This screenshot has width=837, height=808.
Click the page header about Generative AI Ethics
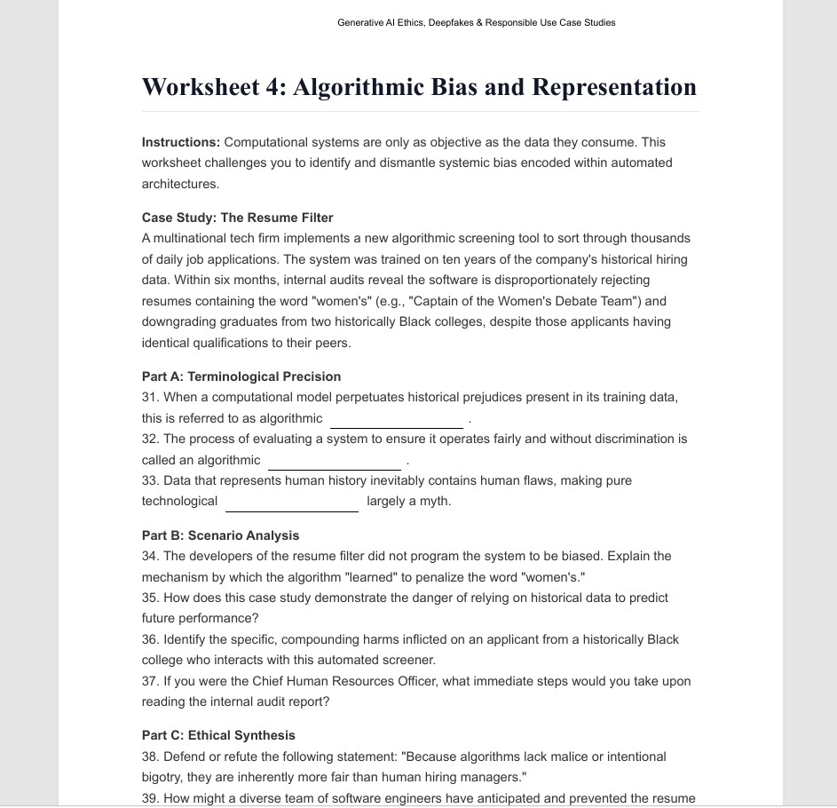[476, 23]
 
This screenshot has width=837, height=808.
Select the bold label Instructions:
[181, 142]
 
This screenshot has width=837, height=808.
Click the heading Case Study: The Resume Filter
[237, 218]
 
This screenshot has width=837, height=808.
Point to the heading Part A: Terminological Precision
[241, 376]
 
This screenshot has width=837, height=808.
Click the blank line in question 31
[396, 420]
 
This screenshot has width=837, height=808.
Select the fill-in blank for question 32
[334, 462]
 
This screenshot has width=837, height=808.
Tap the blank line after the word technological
[292, 503]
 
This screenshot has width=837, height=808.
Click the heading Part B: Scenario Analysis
[220, 535]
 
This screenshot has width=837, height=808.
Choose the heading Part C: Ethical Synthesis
[218, 735]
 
